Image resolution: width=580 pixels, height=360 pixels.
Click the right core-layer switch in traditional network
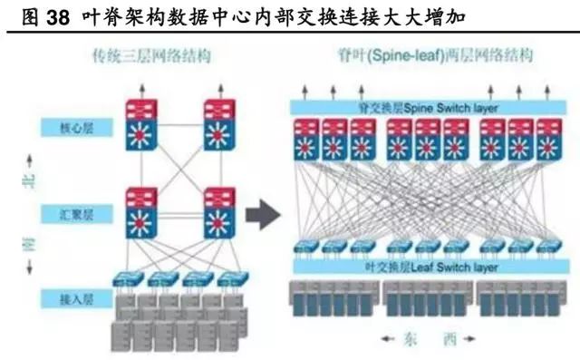point(218,125)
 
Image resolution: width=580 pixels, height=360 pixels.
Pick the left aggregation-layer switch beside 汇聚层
point(140,214)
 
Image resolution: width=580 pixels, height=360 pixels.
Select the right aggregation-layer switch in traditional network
point(220,214)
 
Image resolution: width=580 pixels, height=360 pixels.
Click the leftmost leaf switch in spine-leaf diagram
point(308,246)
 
